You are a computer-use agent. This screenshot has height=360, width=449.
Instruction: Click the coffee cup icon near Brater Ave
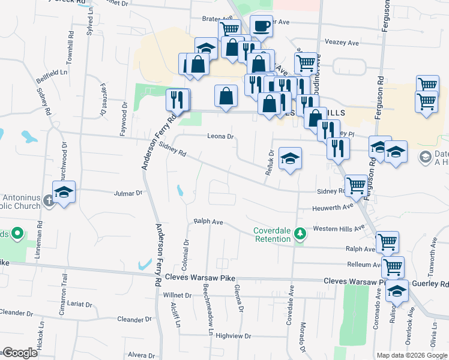(x=261, y=26)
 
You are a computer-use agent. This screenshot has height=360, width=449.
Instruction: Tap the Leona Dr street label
(x=220, y=137)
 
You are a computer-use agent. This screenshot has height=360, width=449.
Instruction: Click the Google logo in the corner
(x=19, y=352)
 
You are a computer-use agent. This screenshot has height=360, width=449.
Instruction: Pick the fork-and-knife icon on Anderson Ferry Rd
(x=178, y=100)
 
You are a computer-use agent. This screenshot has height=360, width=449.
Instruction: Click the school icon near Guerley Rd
(x=397, y=292)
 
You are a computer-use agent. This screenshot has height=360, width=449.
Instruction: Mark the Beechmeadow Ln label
(x=208, y=310)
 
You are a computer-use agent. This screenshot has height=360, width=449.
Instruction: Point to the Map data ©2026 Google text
(x=411, y=355)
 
